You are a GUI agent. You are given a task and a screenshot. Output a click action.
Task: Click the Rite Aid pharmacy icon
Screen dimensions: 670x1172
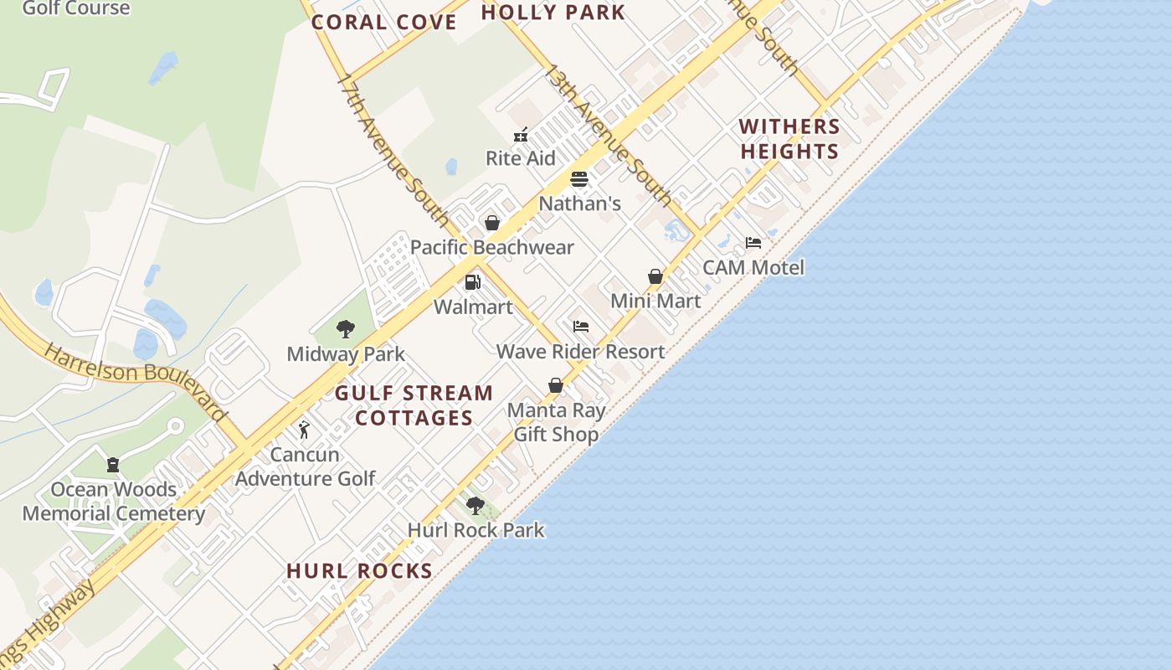(x=521, y=134)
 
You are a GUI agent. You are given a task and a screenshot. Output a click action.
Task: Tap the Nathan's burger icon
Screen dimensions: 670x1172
(x=579, y=179)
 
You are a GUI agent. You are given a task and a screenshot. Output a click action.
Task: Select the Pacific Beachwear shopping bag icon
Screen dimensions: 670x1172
(x=492, y=223)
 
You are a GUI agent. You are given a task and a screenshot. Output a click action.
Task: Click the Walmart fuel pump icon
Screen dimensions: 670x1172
(x=473, y=282)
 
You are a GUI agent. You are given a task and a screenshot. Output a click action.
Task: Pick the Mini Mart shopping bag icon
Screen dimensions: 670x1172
(x=655, y=276)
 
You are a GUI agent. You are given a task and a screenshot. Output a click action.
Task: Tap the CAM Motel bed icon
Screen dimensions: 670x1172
(x=753, y=243)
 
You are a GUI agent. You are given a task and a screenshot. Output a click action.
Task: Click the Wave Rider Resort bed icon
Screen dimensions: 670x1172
(x=581, y=327)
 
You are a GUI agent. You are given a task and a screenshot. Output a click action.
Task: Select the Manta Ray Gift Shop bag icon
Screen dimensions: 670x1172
(x=555, y=385)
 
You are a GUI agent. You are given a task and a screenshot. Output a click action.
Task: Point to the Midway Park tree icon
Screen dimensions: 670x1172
(x=345, y=329)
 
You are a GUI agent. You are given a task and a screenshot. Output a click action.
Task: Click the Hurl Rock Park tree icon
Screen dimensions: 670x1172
(x=475, y=506)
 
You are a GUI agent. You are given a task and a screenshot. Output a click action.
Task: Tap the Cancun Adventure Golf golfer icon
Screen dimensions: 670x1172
(x=304, y=430)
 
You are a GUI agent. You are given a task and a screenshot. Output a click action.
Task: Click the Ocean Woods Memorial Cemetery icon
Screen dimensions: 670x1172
(x=113, y=465)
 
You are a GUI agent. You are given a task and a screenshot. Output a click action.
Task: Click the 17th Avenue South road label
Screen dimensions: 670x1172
(x=393, y=151)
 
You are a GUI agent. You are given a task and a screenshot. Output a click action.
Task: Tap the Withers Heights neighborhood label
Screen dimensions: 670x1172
(x=789, y=139)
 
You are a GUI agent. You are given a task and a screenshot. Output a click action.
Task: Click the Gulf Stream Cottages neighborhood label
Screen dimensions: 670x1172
(x=414, y=405)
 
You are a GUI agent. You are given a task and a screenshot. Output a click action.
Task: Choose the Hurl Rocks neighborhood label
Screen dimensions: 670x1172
(x=359, y=571)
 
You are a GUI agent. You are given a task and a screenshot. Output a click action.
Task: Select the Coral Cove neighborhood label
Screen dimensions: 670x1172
(x=384, y=23)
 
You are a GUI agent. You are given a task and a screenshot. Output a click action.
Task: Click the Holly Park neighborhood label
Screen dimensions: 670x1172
(x=553, y=13)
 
